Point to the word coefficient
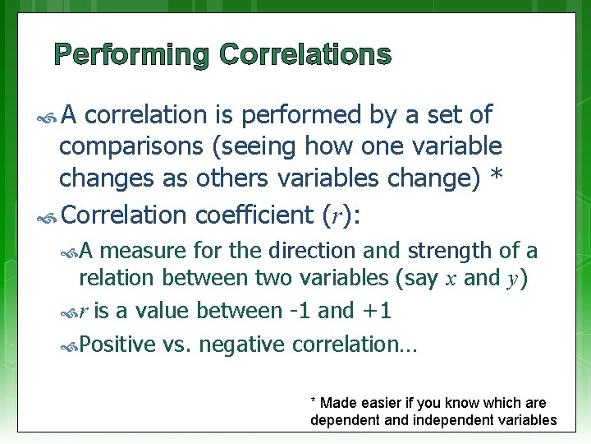coord(252,215)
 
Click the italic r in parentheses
coord(332,215)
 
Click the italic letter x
coord(451,280)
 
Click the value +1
coord(379,311)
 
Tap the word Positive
coord(118,344)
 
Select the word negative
coord(240,344)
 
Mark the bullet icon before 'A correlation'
coord(48,116)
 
